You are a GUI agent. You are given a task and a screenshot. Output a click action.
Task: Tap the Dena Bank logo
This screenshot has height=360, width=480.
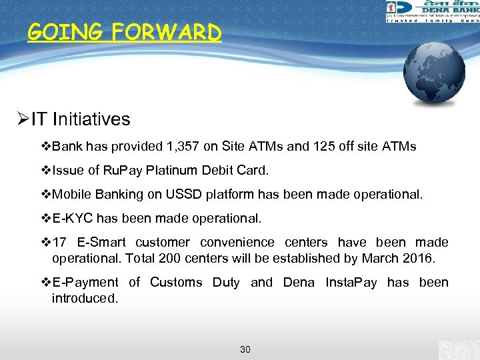point(432,11)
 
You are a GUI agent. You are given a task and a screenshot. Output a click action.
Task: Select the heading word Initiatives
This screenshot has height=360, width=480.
point(91,119)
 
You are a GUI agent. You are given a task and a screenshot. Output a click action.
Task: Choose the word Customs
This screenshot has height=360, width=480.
point(176,282)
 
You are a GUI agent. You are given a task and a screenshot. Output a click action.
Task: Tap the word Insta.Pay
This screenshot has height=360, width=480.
point(351,282)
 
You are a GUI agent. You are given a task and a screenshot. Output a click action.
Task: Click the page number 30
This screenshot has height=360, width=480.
point(245,349)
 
